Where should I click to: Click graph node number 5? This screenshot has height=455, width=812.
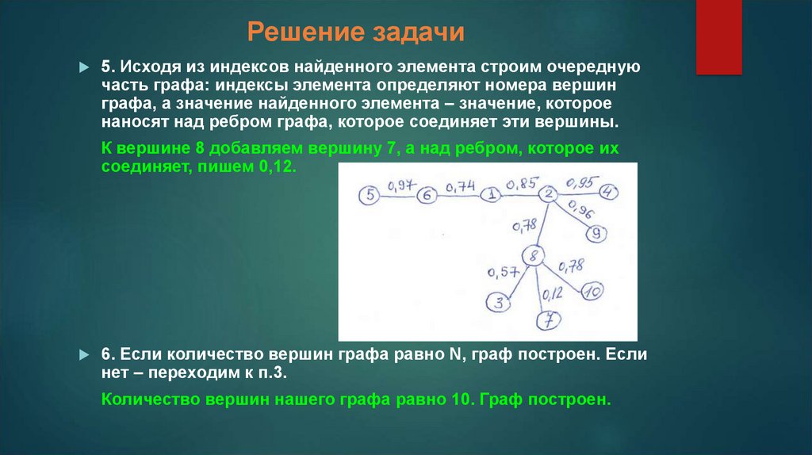[370, 195]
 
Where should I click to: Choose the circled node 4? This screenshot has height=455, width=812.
[608, 192]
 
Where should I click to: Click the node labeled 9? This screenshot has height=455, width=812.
[597, 233]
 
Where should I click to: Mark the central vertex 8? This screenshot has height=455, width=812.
[534, 255]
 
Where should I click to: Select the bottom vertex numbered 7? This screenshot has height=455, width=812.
[548, 320]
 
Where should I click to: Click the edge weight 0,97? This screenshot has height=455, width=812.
[400, 185]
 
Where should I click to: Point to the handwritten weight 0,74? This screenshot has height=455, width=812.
[460, 186]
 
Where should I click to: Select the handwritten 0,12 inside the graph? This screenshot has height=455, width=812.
[552, 294]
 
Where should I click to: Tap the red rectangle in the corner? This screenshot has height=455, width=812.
[718, 36]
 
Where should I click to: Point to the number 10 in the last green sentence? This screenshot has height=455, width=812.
[462, 400]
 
